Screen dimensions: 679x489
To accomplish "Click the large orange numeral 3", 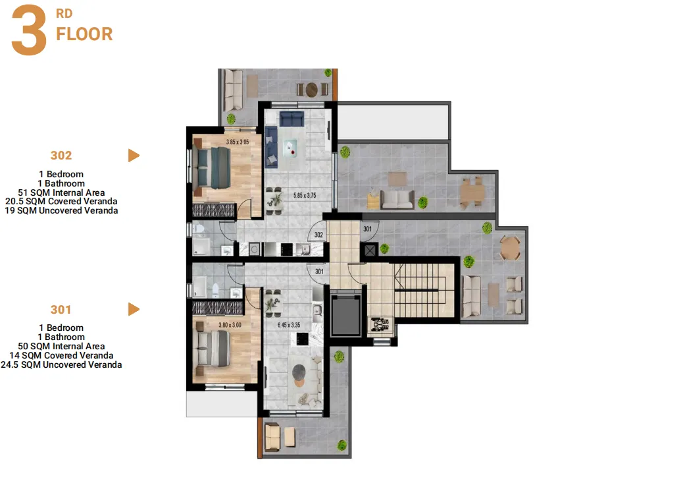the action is tap(28, 30).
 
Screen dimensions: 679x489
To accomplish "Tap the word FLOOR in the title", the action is tap(84, 34).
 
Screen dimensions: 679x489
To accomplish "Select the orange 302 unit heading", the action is tap(61, 156).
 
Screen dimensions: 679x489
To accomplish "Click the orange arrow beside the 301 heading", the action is tap(134, 309).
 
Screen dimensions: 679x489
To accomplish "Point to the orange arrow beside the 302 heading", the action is tap(134, 156).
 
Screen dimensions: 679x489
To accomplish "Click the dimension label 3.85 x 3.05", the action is tap(238, 142).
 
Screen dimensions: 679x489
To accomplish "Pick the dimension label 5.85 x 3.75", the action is tap(305, 195).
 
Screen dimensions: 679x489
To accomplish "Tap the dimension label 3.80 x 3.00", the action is tap(230, 324).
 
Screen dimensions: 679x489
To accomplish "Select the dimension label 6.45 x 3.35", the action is tap(289, 324).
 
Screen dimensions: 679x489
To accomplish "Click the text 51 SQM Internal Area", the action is tap(61, 192).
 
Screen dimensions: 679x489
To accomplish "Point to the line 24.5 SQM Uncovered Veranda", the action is tap(61, 364).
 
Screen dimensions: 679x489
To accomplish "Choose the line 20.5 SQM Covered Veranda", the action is tap(61, 201).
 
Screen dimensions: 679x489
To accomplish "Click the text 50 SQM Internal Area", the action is tap(61, 346).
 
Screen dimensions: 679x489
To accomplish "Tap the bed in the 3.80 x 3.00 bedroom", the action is tap(212, 348).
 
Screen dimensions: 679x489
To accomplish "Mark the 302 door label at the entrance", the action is tap(318, 235).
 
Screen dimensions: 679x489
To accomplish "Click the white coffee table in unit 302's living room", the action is tap(290, 148).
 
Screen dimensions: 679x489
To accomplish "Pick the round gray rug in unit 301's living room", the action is tap(299, 372).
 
